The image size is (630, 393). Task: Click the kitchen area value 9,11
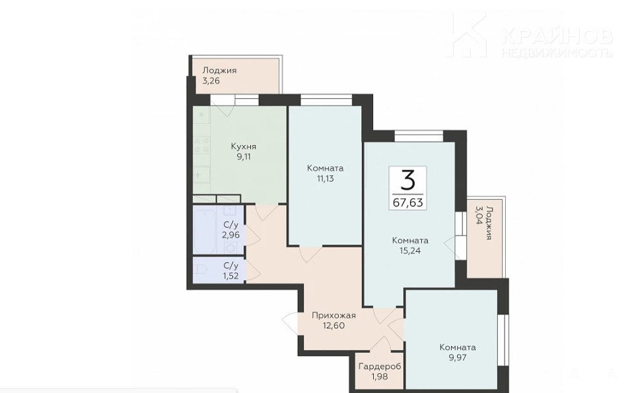click(x=244, y=157)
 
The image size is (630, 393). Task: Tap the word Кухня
click(x=244, y=146)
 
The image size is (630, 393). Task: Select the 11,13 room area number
click(x=325, y=179)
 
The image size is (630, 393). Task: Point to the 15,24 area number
click(x=410, y=251)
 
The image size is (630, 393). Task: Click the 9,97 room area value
click(x=458, y=357)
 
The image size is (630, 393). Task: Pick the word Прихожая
click(x=334, y=316)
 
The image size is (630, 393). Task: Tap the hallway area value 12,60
click(x=334, y=326)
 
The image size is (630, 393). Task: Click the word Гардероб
click(x=380, y=367)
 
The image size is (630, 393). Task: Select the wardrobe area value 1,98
click(x=380, y=377)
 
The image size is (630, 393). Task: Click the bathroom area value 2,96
click(x=231, y=235)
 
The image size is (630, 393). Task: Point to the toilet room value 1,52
click(x=231, y=276)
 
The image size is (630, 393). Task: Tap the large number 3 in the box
click(x=408, y=181)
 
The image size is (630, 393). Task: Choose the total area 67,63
click(x=408, y=202)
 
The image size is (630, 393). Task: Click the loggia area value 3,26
click(x=211, y=80)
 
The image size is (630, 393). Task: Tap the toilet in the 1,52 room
click(x=200, y=270)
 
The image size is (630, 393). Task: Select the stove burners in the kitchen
click(x=201, y=145)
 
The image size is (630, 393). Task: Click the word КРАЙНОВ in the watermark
click(x=557, y=36)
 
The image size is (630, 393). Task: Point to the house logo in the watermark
click(x=468, y=34)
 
